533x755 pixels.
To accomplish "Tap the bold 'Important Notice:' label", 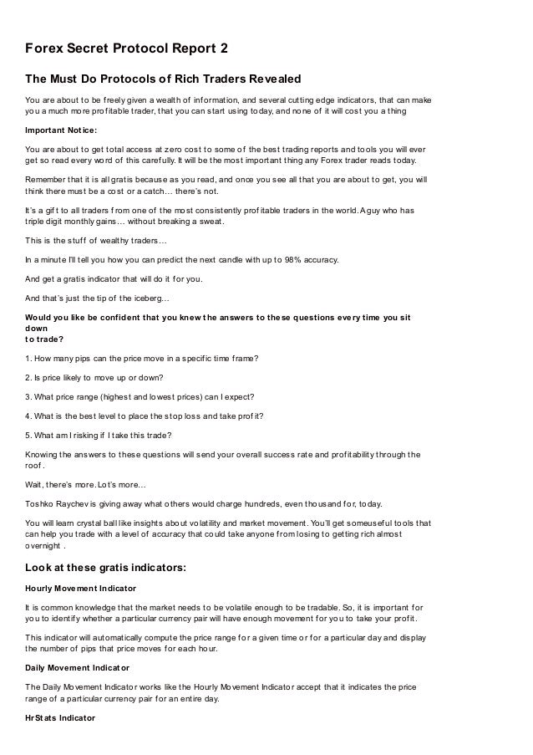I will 63,130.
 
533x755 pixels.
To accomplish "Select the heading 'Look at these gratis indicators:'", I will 106,568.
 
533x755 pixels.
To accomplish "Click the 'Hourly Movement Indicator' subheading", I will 81,588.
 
